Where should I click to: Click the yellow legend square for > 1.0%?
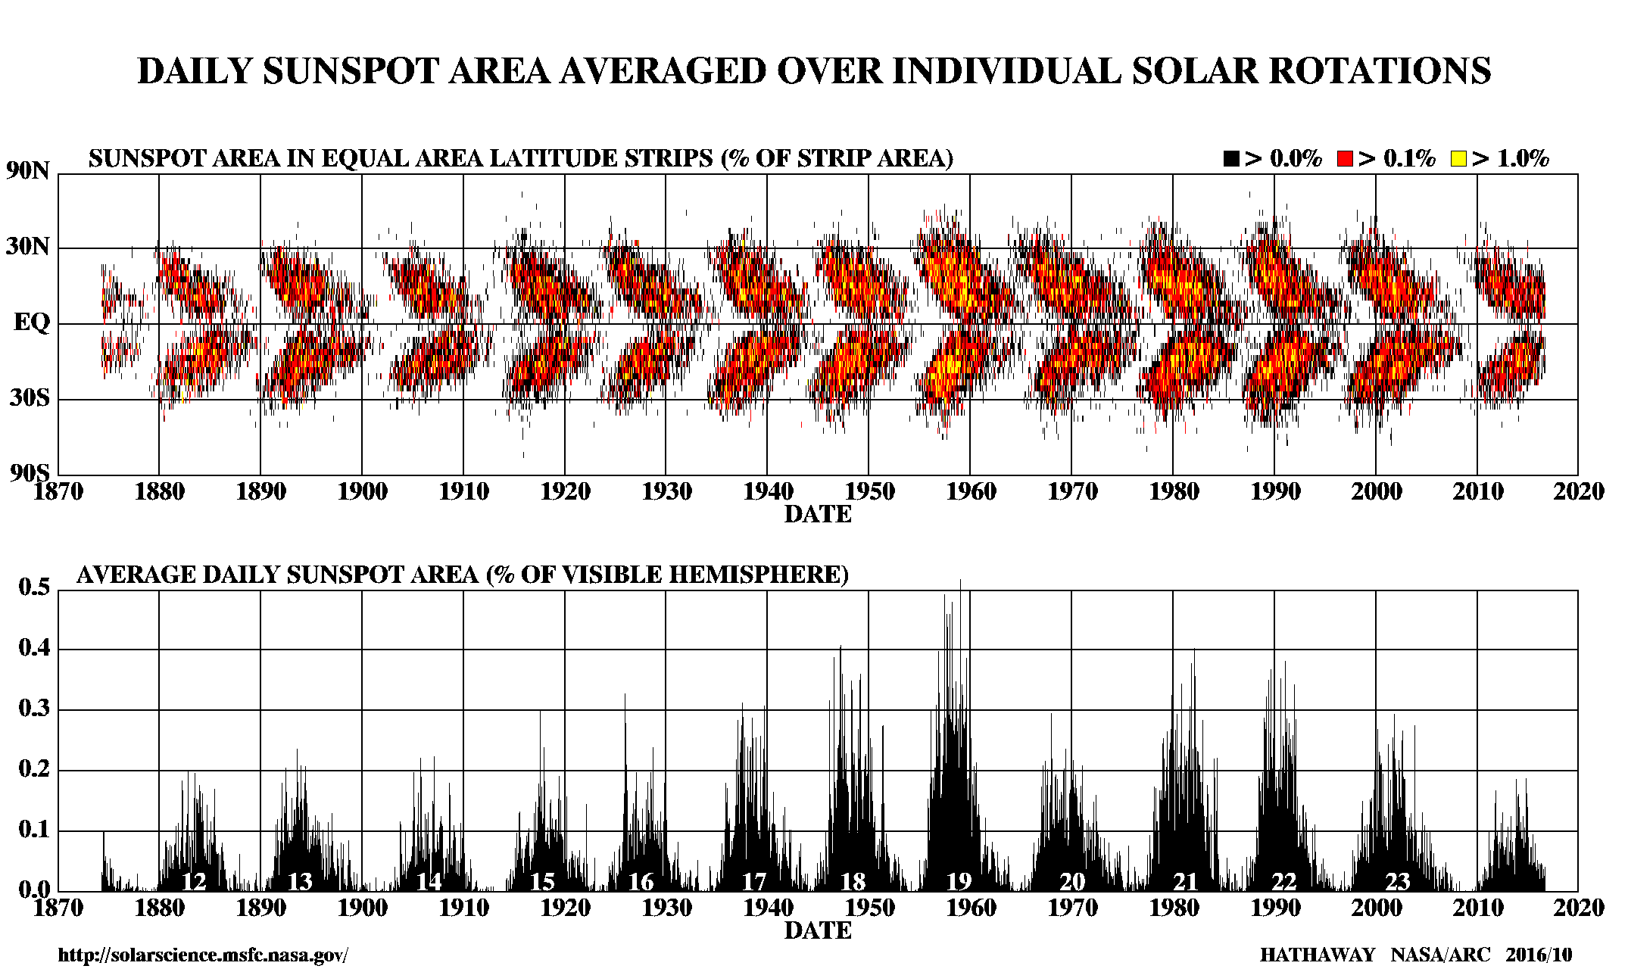(x=1458, y=159)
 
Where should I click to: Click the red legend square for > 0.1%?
(x=1345, y=159)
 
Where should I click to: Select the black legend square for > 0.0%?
(x=1231, y=159)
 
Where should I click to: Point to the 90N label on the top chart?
(x=29, y=171)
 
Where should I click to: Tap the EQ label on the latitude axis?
(x=32, y=323)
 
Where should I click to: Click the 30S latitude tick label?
(x=30, y=398)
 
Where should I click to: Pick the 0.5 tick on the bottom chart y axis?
(x=34, y=587)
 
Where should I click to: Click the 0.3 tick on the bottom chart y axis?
(x=34, y=709)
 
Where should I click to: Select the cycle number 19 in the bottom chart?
(x=959, y=882)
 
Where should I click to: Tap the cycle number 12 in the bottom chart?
(x=194, y=882)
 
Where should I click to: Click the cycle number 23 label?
(x=1397, y=882)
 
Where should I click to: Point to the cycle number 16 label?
(x=641, y=882)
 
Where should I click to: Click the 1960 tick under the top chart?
(x=971, y=492)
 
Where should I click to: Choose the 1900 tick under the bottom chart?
(x=362, y=908)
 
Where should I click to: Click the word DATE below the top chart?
(x=818, y=515)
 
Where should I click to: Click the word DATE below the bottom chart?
(x=818, y=931)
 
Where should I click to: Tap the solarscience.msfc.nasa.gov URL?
(x=203, y=955)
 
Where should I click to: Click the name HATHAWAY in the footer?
(x=1317, y=955)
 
